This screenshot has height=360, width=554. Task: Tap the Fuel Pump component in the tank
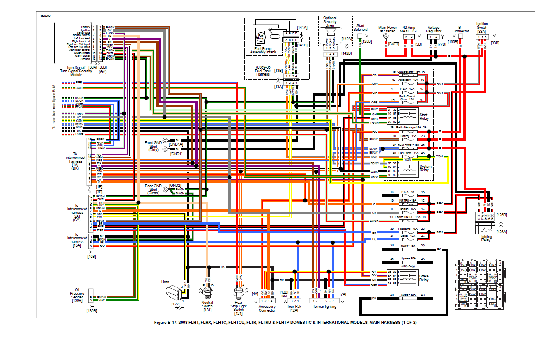[x=260, y=37]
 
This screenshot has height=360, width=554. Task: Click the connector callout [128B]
[x=366, y=41]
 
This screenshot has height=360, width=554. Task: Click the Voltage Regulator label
[x=434, y=29]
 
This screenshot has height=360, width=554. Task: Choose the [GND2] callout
[x=175, y=186]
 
